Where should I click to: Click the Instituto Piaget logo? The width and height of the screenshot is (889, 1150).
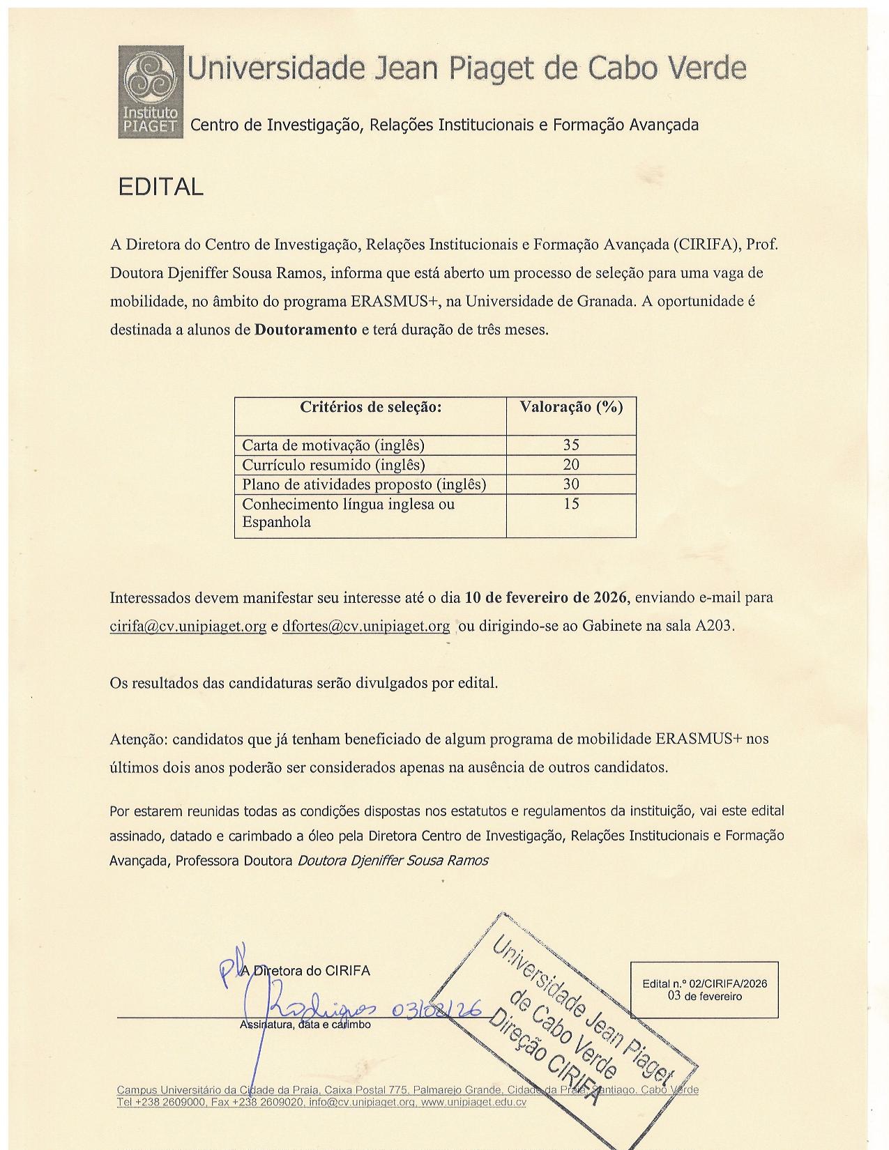coord(151,91)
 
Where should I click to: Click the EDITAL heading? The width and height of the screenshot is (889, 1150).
coord(160,187)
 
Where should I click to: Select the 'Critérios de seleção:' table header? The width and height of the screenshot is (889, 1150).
coord(370,408)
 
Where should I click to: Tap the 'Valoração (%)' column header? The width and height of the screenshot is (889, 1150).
coord(571,408)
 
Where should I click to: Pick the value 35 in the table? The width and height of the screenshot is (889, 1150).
coord(571,445)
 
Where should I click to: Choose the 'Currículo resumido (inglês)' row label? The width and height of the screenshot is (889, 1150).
coord(333,465)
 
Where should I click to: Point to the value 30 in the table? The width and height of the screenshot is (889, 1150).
coord(571,484)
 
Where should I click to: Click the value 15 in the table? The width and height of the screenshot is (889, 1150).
coord(571,504)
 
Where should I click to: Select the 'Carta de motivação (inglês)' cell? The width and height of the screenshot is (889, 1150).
coord(333,445)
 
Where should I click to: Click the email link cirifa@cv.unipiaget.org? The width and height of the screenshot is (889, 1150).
coord(188,627)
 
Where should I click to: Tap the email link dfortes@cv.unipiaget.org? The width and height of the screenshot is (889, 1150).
coord(366,627)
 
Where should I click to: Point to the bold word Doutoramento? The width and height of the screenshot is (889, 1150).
coord(305,330)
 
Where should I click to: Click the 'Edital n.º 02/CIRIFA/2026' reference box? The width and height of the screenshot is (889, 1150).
coord(704,990)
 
